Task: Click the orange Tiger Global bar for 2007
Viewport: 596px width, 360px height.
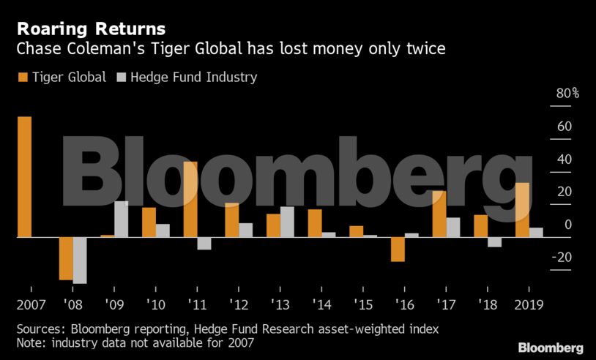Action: [24, 177]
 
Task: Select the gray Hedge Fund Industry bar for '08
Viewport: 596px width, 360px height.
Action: [80, 260]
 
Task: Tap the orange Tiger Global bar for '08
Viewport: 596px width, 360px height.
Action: [66, 258]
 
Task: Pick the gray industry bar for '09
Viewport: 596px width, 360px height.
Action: [121, 219]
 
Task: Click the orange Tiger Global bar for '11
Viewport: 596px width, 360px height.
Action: [190, 200]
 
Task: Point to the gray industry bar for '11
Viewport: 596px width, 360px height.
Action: [204, 244]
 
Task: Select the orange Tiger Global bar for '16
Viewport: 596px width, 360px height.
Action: [398, 250]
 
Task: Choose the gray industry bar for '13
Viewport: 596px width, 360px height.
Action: [287, 222]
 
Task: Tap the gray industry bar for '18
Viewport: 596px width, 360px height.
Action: [494, 242]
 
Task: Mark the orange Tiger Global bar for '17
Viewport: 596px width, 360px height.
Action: [439, 214]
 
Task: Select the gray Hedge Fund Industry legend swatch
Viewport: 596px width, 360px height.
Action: [122, 77]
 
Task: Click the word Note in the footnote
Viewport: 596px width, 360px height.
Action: [30, 342]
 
